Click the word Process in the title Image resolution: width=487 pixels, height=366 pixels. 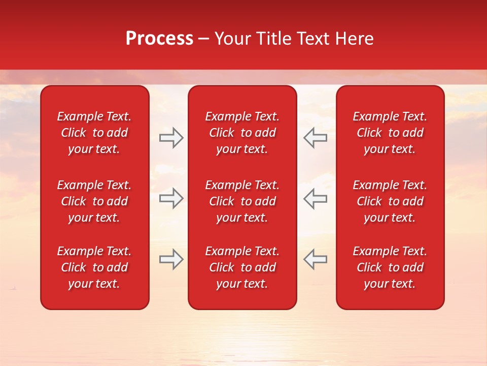(x=159, y=39)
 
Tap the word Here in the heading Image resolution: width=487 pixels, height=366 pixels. (x=355, y=39)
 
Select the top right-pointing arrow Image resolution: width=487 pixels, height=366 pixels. (x=171, y=138)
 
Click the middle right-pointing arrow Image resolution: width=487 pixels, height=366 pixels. (x=171, y=198)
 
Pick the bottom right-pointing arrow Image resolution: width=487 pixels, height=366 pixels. (x=171, y=259)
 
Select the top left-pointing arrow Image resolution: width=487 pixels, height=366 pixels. (x=316, y=138)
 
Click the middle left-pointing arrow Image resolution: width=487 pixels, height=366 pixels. (x=316, y=198)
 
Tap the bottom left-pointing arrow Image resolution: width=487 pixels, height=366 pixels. (x=316, y=259)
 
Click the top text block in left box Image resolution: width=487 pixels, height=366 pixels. (x=94, y=133)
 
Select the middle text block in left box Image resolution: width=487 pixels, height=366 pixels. (x=94, y=201)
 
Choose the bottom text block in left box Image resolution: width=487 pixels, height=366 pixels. (x=94, y=267)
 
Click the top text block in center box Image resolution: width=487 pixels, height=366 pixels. (x=242, y=133)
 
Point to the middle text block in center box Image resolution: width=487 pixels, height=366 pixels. (x=242, y=201)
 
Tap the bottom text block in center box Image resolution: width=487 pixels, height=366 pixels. (x=242, y=267)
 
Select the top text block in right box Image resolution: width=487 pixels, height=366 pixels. (x=390, y=133)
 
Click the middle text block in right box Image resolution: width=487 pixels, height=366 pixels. (x=390, y=201)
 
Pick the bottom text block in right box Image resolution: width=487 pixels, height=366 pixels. (x=390, y=267)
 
